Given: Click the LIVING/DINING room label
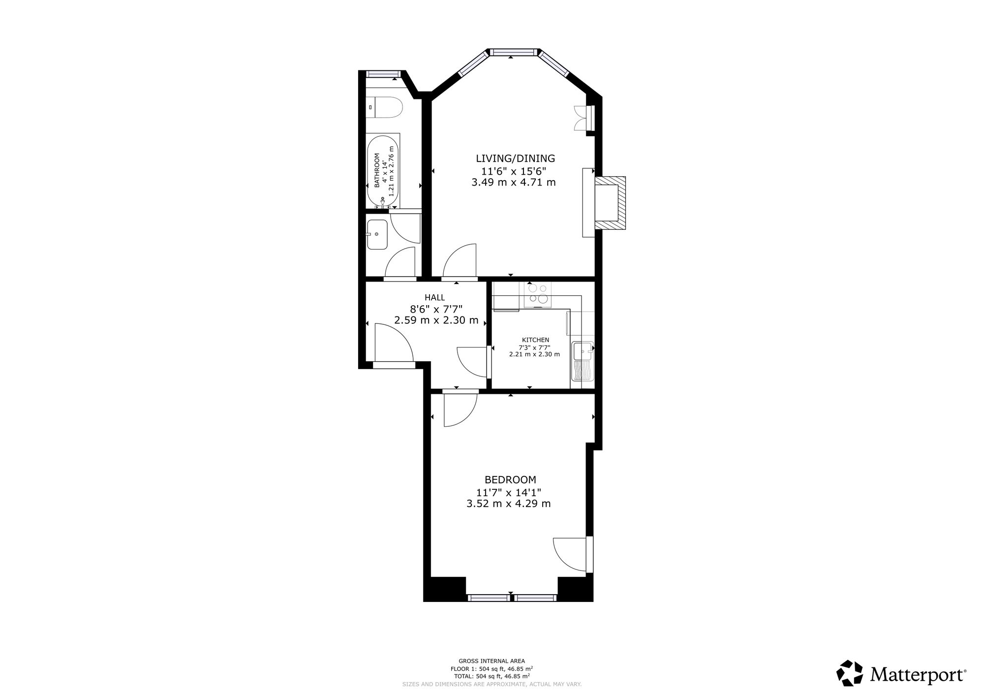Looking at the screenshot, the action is click(515, 158).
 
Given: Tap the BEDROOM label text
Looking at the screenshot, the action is click(510, 479).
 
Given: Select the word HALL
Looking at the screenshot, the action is click(435, 297).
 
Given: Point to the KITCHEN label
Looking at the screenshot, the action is click(535, 340).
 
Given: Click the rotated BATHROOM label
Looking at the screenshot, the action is click(377, 170).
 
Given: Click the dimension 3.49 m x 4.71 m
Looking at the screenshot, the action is click(514, 182).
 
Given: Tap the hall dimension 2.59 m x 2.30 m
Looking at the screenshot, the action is click(436, 320).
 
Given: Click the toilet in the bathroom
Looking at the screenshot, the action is click(385, 107).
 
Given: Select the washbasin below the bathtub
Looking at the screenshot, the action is click(377, 235).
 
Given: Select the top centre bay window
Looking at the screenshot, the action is click(514, 52).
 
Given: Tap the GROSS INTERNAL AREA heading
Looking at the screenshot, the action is click(492, 661).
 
